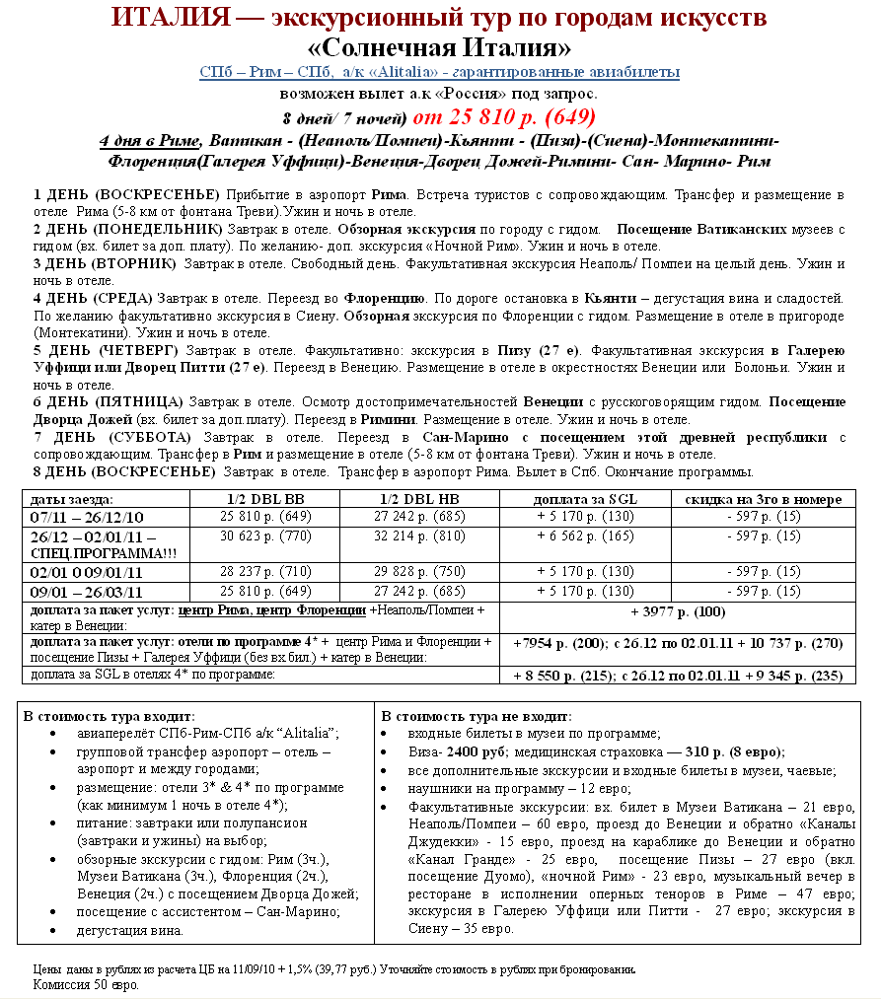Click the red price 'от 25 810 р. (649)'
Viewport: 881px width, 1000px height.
coord(504,116)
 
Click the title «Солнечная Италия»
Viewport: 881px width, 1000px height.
coord(439,47)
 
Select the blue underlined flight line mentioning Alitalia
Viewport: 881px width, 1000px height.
coord(439,73)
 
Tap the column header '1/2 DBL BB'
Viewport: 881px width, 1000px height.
coord(264,499)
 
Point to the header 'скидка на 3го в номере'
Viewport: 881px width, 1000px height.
coord(764,499)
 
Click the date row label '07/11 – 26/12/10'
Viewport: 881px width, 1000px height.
coord(88,517)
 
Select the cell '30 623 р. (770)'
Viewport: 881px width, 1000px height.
coord(264,536)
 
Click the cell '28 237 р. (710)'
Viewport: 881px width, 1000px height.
coord(264,572)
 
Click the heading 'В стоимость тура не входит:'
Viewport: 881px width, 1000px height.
coord(477,716)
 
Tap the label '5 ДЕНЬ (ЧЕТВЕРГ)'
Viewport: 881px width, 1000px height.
coord(107,350)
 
